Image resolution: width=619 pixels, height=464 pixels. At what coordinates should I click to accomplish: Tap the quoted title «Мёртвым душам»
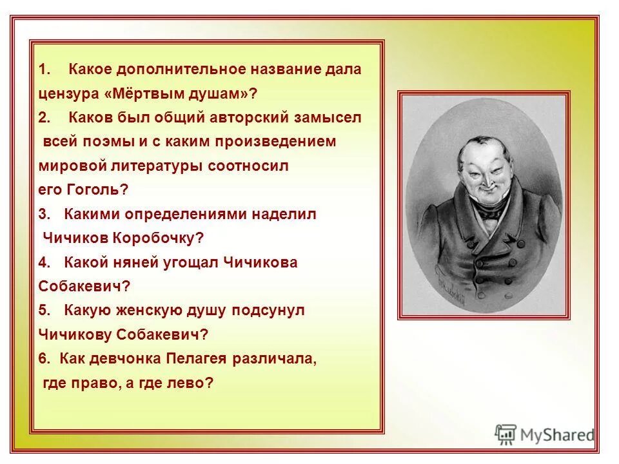pos(180,93)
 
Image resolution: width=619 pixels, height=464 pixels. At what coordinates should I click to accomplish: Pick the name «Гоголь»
pos(97,189)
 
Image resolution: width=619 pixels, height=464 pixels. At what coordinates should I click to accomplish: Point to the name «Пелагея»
pos(199,358)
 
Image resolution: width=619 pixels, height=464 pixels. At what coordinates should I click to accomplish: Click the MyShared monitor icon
pos(506,434)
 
